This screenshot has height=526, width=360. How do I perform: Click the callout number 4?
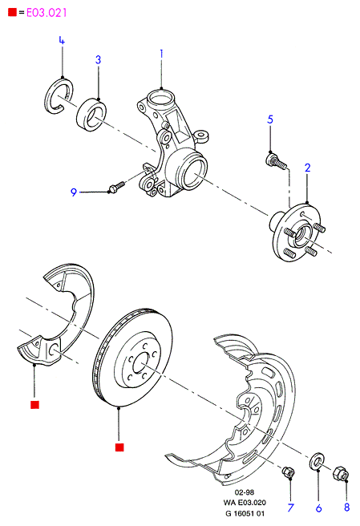[62, 40]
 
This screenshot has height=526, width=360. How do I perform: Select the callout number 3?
[98, 59]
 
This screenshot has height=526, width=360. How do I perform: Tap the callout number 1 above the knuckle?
[161, 54]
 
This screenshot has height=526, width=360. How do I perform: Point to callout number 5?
[270, 119]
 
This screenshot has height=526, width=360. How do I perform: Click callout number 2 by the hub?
[308, 168]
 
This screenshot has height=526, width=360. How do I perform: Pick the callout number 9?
[74, 192]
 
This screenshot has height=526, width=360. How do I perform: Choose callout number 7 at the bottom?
[290, 508]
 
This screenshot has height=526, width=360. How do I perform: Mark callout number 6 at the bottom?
[319, 508]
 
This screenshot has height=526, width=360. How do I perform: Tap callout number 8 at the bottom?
[347, 507]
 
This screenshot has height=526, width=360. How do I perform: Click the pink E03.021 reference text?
[47, 13]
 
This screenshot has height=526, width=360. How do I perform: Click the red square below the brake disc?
[119, 447]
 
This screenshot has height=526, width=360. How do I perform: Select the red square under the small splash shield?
[34, 405]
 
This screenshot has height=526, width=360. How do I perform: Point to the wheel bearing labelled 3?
[91, 115]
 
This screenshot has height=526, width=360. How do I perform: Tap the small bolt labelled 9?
[116, 186]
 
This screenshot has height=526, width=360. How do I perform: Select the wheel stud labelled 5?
[276, 161]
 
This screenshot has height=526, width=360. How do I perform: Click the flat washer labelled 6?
[317, 461]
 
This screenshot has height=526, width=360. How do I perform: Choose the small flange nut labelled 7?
[288, 472]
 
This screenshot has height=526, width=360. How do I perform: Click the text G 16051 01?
[245, 513]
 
